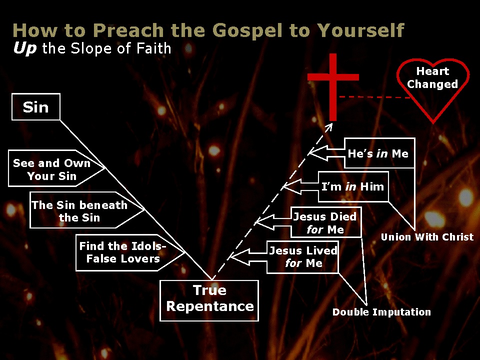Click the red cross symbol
[x=333, y=87]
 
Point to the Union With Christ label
[x=427, y=237]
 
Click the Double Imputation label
[x=381, y=312]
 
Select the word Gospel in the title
[x=246, y=30]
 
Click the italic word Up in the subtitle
[x=25, y=48]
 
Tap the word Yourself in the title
[x=360, y=30]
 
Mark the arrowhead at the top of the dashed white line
[x=329, y=126]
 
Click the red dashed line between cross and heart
[x=375, y=97]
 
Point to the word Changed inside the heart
[x=432, y=84]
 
